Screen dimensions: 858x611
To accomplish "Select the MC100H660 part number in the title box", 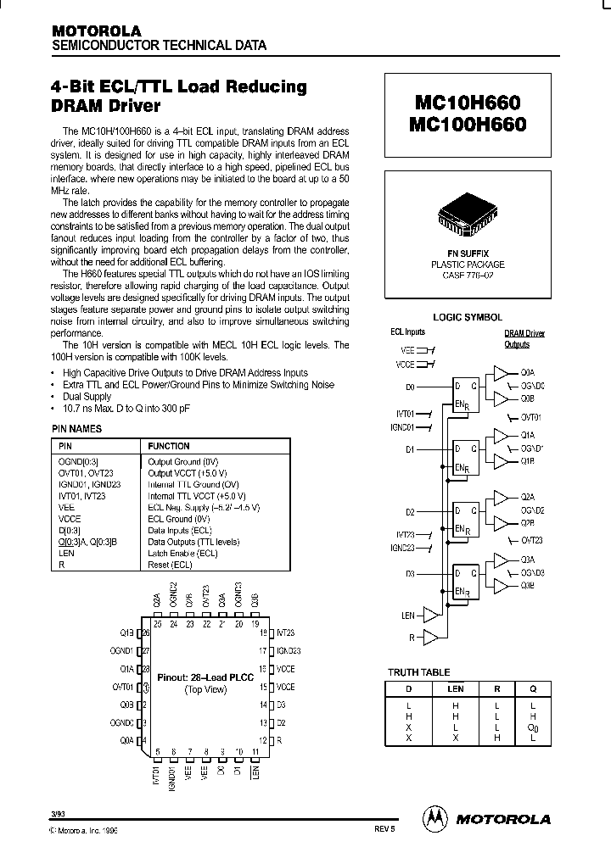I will [x=468, y=125].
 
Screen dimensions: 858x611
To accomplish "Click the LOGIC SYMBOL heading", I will [x=468, y=316].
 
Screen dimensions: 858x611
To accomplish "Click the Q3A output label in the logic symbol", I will [x=527, y=560].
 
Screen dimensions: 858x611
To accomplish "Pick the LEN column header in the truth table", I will [x=456, y=689].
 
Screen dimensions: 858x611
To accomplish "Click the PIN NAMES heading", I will [x=76, y=429].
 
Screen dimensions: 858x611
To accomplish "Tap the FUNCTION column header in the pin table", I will [x=169, y=446].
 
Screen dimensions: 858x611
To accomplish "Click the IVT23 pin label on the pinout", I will [x=286, y=632].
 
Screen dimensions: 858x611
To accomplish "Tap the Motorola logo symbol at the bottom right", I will [x=435, y=818].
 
